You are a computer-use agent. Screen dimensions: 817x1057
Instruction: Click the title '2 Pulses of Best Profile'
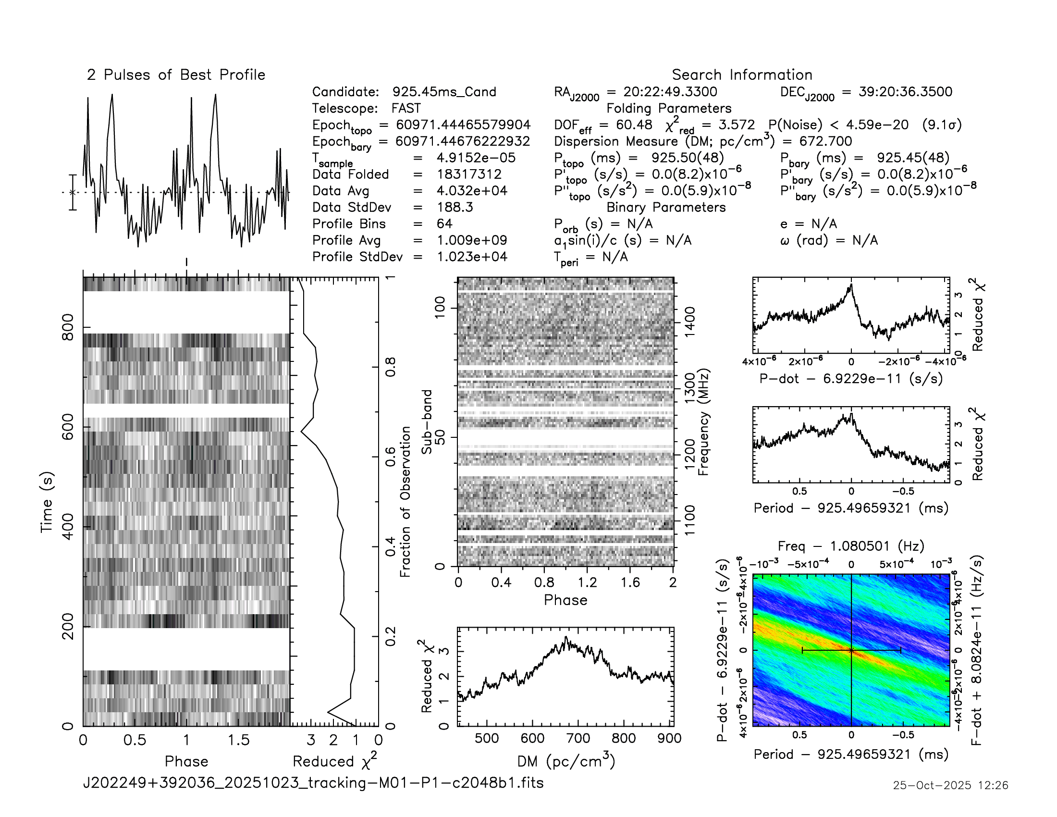click(x=176, y=75)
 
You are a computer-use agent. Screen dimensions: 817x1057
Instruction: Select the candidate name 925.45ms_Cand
click(x=444, y=92)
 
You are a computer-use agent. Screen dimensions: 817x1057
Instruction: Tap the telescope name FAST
click(x=406, y=109)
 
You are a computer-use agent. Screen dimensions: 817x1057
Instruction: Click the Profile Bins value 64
click(x=444, y=223)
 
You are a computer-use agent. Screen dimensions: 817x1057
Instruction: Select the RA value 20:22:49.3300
click(x=670, y=92)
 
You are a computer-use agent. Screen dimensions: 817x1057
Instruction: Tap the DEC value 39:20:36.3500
click(x=905, y=92)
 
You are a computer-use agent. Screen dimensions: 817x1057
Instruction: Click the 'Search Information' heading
click(x=741, y=75)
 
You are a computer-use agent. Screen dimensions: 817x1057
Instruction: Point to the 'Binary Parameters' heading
click(x=666, y=207)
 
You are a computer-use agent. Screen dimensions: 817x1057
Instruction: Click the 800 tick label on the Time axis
click(x=68, y=327)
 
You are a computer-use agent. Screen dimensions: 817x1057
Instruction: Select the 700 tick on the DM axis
click(x=578, y=738)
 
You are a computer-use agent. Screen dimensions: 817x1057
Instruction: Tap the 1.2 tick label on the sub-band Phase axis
click(x=587, y=582)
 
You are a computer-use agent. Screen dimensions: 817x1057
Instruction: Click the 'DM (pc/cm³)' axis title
click(x=566, y=761)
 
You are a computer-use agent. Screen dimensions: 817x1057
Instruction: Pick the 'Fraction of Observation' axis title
click(x=405, y=501)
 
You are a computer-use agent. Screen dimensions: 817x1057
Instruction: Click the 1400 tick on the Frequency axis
click(x=689, y=319)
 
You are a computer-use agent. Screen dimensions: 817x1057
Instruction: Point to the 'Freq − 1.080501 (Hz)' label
click(x=851, y=546)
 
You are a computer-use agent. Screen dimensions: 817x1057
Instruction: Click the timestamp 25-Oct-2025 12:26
click(x=950, y=785)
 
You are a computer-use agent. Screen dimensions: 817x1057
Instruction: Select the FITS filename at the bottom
click(x=313, y=782)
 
